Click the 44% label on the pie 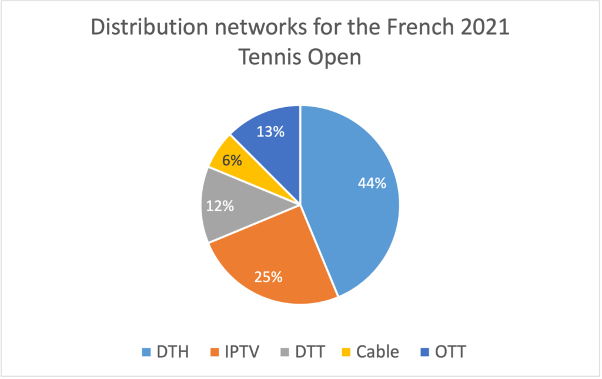[372, 183]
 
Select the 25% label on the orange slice [268, 276]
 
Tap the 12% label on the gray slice [220, 206]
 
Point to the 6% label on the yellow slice [232, 159]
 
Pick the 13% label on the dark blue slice [270, 132]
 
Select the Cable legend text [377, 352]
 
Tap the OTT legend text [450, 352]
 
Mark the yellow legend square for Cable [347, 353]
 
